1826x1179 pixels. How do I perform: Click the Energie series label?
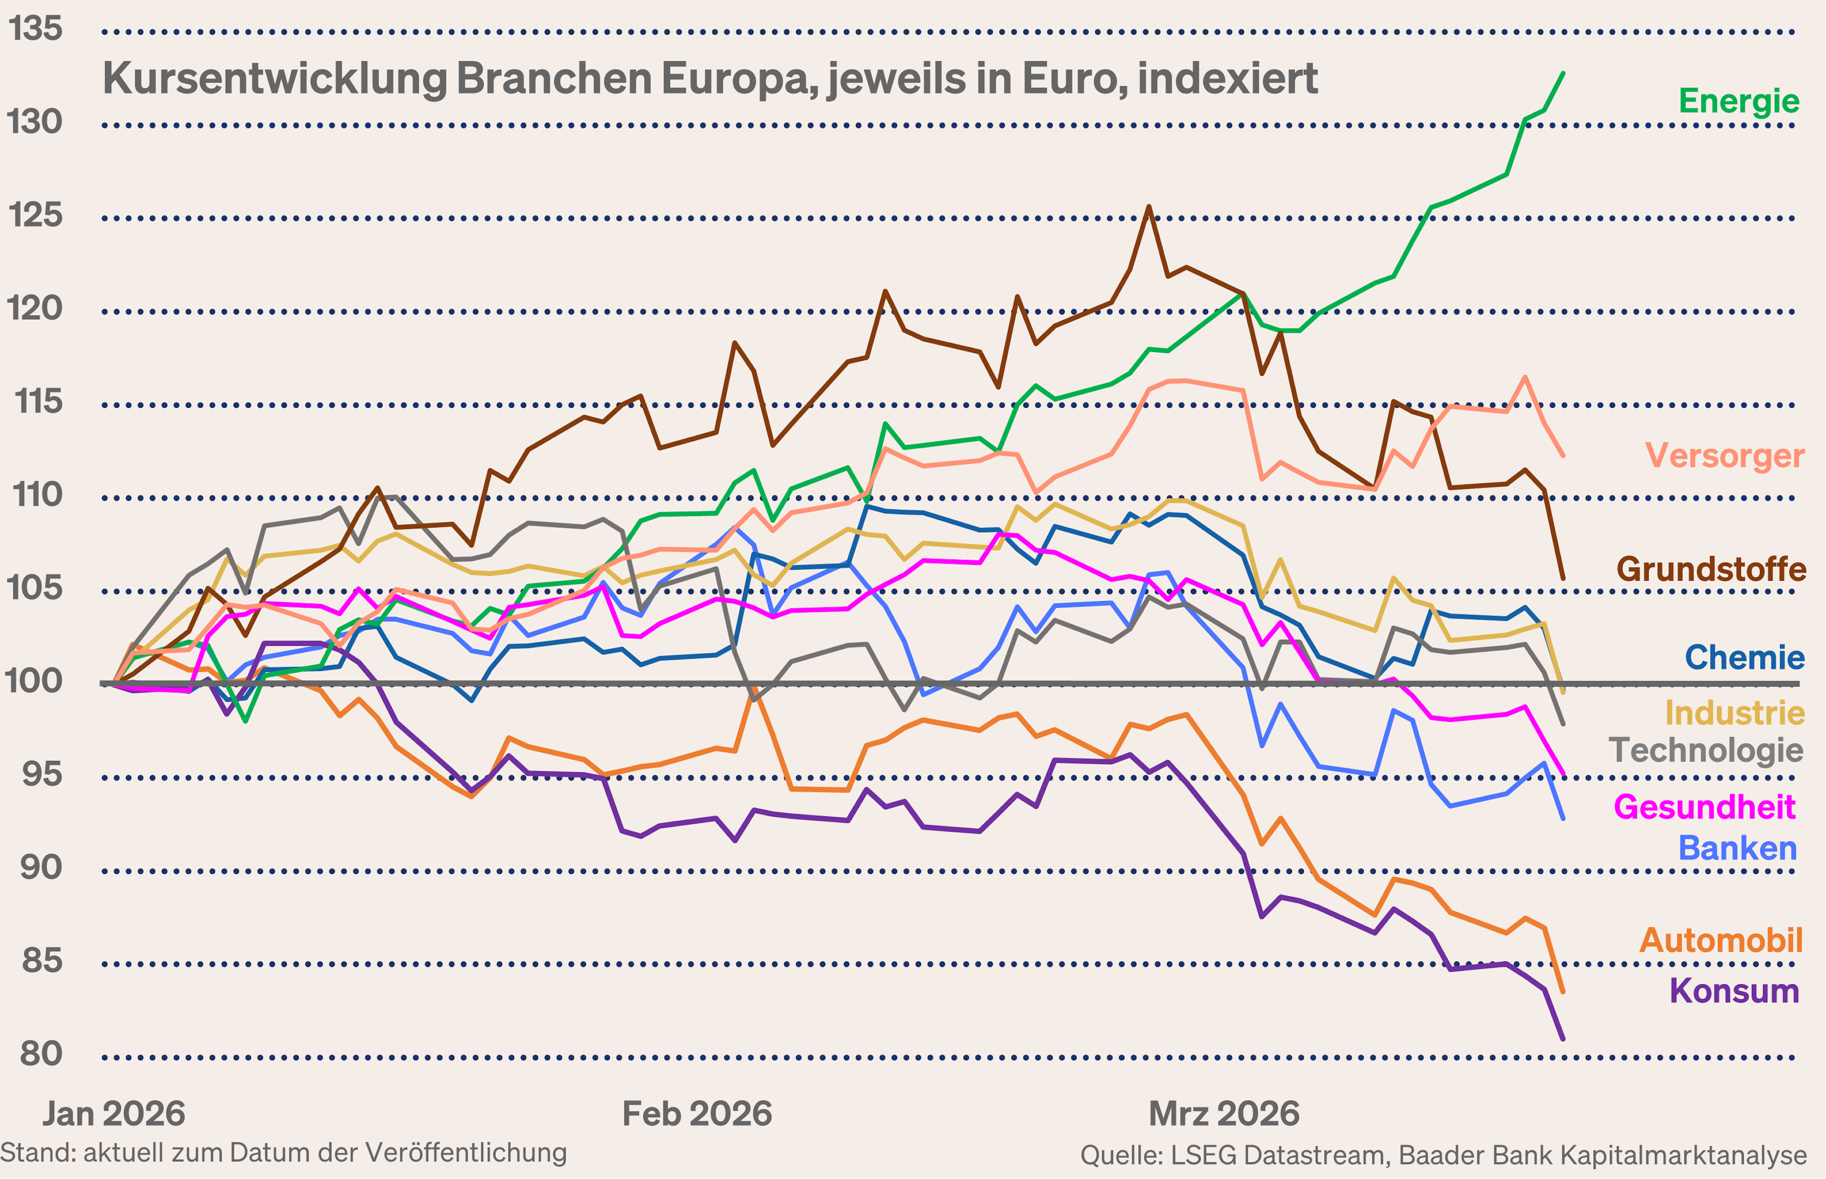(x=1739, y=101)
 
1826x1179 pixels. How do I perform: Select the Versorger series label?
(x=1724, y=456)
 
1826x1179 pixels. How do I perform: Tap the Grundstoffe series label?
(x=1711, y=569)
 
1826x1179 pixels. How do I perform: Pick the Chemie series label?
(x=1744, y=657)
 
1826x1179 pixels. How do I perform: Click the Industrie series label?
(x=1734, y=713)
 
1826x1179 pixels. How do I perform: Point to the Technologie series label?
(x=1706, y=750)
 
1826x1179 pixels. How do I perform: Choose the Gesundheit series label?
(x=1704, y=807)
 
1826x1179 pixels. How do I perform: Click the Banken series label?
(x=1737, y=848)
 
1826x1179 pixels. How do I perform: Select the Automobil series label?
(x=1720, y=940)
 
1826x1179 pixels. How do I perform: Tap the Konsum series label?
(x=1734, y=991)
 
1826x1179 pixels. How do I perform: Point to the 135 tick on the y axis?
(x=34, y=29)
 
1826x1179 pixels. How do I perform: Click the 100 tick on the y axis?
(x=34, y=681)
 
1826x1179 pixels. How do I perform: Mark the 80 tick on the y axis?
(x=40, y=1054)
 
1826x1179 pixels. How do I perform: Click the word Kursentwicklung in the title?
(x=274, y=79)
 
